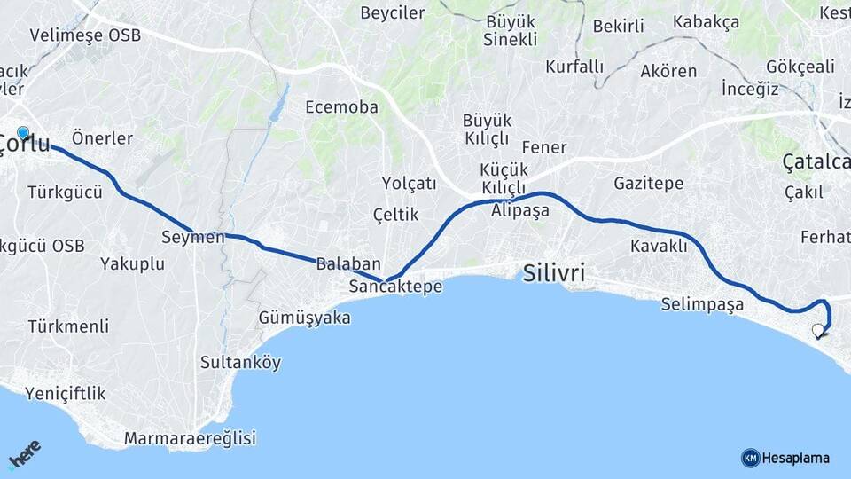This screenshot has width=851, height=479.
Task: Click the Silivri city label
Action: pos(554,273)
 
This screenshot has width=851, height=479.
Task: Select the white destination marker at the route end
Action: pos(817,331)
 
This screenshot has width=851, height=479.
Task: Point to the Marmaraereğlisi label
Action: pos(190,438)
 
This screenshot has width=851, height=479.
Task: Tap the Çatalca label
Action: pos(816,161)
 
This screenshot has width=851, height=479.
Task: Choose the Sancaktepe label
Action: pos(395,287)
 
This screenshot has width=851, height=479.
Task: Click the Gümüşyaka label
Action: pos(304,318)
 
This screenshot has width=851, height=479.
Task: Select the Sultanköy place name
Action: pos(240,362)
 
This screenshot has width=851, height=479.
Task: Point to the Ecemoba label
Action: pos(341,107)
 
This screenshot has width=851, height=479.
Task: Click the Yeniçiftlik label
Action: pos(65,393)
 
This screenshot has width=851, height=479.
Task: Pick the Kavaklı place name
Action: pos(659,246)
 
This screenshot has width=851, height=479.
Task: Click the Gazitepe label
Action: pos(648,184)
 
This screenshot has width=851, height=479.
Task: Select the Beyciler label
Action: pos(393,13)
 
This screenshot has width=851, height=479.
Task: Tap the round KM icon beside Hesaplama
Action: pos(750,458)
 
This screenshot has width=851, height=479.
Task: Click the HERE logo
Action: pos(24,455)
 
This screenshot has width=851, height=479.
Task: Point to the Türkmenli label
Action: pos(68,326)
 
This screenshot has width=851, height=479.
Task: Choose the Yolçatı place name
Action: pos(410,184)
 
